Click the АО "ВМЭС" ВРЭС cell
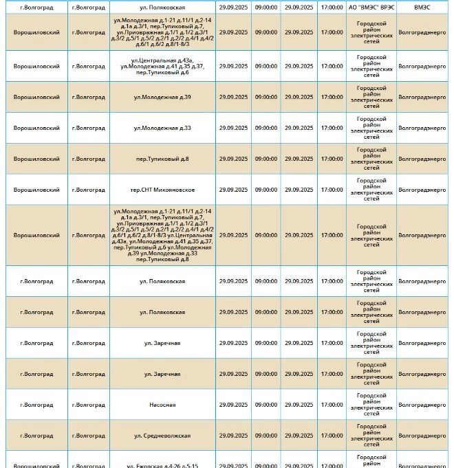pyautogui.click(x=371, y=6)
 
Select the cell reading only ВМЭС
pyautogui.click(x=422, y=6)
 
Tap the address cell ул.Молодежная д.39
pyautogui.click(x=162, y=97)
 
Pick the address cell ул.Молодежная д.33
pyautogui.click(x=162, y=128)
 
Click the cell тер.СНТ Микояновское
pyautogui.click(x=162, y=190)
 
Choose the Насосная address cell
pyautogui.click(x=162, y=405)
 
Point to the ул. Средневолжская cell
pyautogui.click(x=162, y=436)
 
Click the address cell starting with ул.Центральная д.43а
pyautogui.click(x=162, y=67)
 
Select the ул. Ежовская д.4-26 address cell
pyautogui.click(x=162, y=465)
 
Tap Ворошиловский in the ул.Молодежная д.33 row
pyautogui.click(x=36, y=128)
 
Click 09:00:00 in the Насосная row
pyautogui.click(x=266, y=405)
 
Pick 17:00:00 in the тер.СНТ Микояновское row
pyautogui.click(x=332, y=190)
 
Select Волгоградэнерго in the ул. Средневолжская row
pyautogui.click(x=422, y=436)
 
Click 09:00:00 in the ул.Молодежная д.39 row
pyautogui.click(x=266, y=97)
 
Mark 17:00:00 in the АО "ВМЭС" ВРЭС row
pyautogui.click(x=332, y=6)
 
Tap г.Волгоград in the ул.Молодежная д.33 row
pyautogui.click(x=88, y=128)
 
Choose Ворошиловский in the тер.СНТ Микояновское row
pyautogui.click(x=36, y=190)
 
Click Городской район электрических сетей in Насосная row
pyautogui.click(x=371, y=405)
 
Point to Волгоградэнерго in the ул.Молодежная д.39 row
pyautogui.click(x=422, y=97)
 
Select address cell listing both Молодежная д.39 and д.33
pyautogui.click(x=162, y=235)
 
